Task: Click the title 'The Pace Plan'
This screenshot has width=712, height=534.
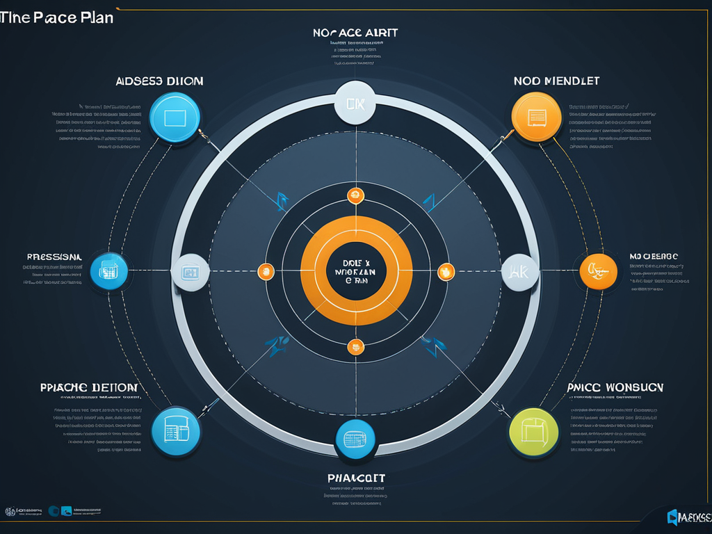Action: (x=57, y=18)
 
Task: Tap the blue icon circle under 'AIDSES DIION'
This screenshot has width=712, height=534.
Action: (x=175, y=118)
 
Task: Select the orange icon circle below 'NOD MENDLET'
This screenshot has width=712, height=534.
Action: (x=536, y=118)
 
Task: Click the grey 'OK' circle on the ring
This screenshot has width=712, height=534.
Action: (x=355, y=104)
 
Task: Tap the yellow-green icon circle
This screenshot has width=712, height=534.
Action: (x=533, y=432)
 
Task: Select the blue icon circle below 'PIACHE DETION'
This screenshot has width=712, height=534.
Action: (x=175, y=431)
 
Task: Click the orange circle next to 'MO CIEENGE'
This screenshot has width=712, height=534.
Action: (x=598, y=271)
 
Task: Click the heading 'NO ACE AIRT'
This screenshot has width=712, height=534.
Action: (x=355, y=33)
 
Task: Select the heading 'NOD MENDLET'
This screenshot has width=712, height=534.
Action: (x=556, y=81)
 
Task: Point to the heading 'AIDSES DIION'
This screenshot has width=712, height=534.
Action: (x=159, y=81)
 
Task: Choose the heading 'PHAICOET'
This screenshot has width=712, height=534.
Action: (x=356, y=478)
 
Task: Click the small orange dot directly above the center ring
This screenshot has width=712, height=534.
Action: (x=355, y=195)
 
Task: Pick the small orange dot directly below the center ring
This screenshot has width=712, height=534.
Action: (x=355, y=346)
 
